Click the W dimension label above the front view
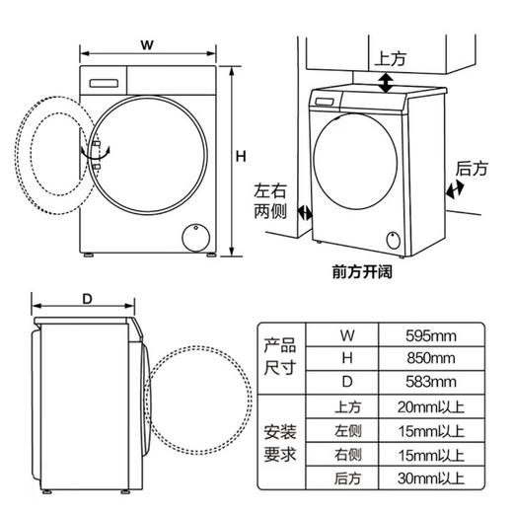click(146, 44)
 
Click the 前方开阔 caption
click(362, 271)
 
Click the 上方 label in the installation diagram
click(390, 58)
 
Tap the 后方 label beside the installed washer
click(472, 170)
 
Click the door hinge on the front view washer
click(97, 156)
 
